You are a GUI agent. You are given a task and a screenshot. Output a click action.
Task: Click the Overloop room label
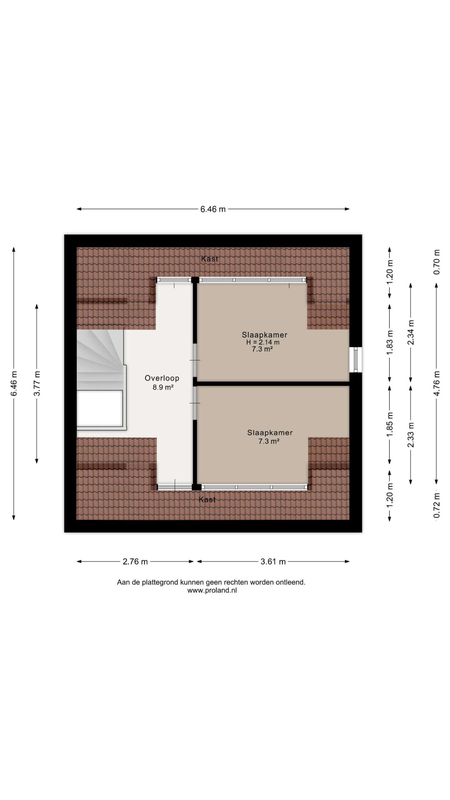click(162, 378)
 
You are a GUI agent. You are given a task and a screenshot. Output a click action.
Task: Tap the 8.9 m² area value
click(163, 387)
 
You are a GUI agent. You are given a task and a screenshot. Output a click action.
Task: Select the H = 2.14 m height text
click(263, 342)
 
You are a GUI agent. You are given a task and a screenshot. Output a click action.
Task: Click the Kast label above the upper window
click(209, 259)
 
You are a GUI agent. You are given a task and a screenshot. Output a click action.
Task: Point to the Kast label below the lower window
click(207, 500)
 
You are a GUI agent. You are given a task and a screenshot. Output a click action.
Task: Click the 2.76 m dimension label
click(135, 562)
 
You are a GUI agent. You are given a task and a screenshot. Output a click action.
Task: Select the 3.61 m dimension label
click(273, 562)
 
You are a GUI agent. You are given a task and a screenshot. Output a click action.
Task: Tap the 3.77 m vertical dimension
click(37, 383)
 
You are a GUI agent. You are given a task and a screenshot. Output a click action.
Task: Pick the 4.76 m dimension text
click(437, 383)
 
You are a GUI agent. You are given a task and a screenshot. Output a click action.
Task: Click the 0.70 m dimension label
click(437, 262)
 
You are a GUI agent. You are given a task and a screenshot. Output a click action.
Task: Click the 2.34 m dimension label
click(411, 332)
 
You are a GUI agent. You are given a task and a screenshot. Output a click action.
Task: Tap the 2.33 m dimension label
click(411, 435)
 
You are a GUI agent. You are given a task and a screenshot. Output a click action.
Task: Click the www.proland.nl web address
click(212, 590)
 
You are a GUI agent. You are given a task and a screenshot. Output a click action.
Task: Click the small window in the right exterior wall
click(356, 360)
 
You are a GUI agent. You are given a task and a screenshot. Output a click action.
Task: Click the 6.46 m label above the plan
click(213, 209)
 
